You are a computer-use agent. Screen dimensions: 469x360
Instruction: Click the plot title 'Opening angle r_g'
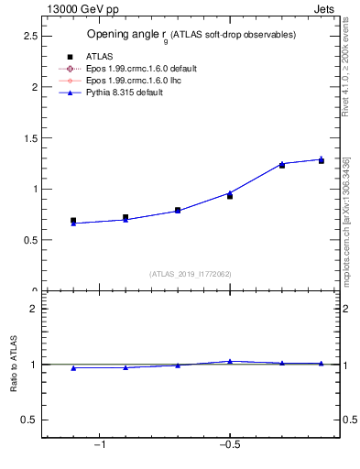pos(127,35)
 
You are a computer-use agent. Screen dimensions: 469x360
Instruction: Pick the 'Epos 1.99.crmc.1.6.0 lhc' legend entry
pos(132,81)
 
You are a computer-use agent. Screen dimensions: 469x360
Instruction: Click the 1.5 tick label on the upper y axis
pos(29,137)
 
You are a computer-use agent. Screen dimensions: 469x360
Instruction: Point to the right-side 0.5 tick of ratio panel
pos(349,420)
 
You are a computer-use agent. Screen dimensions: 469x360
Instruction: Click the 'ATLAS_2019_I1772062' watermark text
pos(191,274)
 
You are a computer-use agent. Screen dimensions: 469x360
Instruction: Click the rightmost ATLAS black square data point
pos(321,161)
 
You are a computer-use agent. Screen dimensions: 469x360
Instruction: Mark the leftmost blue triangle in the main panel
pos(73,223)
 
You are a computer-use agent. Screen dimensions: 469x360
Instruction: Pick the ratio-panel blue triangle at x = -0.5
pos(230,361)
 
